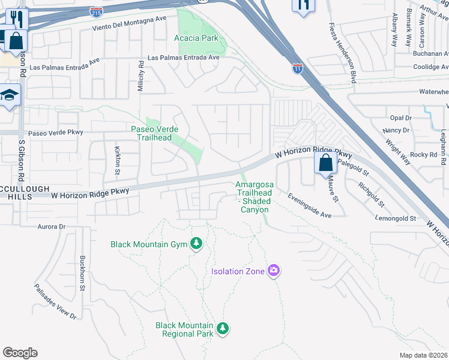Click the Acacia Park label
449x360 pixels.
point(196,38)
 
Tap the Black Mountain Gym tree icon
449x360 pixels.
point(196,243)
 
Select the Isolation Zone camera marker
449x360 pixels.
point(274,271)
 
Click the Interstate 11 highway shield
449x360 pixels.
point(298,68)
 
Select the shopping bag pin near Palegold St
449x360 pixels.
point(325,163)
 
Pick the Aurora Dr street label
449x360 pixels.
point(51,227)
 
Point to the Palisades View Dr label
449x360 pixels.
point(55,301)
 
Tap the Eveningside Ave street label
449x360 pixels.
point(309,205)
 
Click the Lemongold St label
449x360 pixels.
point(396,219)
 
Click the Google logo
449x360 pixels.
point(20,353)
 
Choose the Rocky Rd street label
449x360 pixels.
point(424,154)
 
